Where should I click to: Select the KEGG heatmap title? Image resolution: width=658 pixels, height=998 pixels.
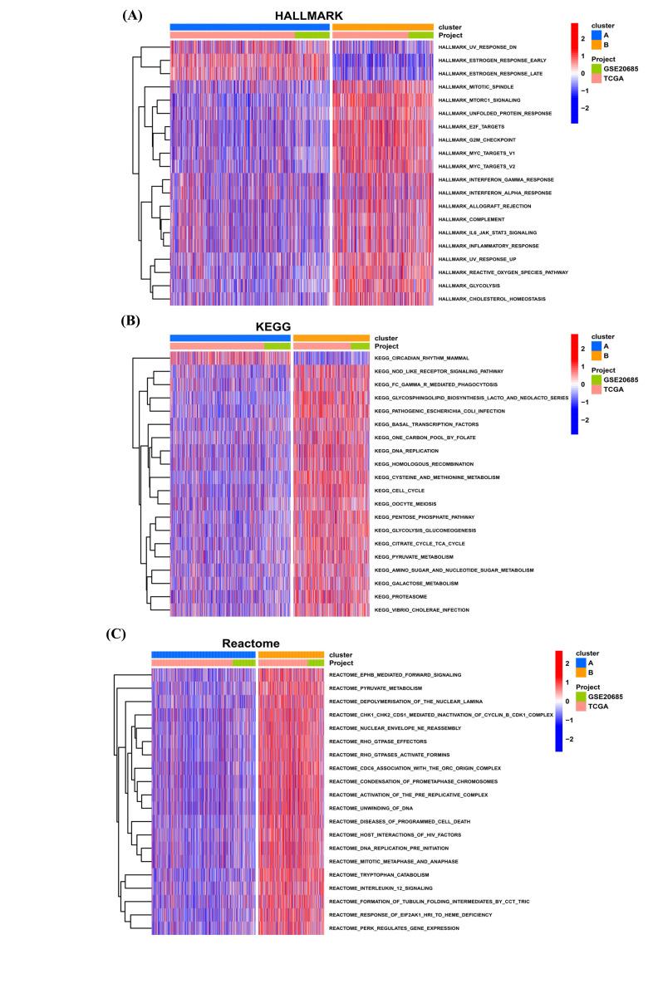[230, 326]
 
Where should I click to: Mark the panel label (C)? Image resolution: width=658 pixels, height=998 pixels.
[117, 633]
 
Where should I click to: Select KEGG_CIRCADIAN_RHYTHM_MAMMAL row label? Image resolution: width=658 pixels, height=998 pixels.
[423, 358]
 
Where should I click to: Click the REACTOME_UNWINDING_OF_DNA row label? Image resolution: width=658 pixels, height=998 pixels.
[372, 807]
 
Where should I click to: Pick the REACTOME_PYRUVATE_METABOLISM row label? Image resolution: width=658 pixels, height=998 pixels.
[376, 687]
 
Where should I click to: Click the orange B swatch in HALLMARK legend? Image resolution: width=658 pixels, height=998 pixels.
[596, 46]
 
